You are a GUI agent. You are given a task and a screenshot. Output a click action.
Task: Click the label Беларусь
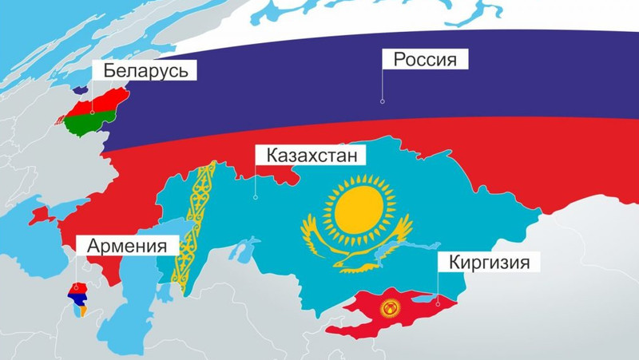[145, 71]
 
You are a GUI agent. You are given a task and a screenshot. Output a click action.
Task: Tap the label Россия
[424, 60]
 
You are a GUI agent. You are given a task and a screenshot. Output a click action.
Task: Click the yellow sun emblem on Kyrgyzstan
[390, 310]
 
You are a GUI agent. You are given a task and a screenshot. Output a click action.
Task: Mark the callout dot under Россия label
[383, 101]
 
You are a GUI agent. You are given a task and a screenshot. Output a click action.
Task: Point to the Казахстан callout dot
[255, 196]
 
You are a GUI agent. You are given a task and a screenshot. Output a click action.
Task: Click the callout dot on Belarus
[93, 113]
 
